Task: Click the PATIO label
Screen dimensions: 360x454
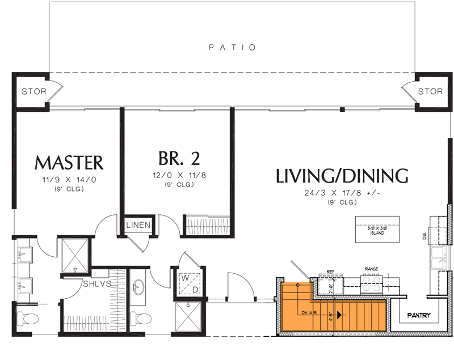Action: (233, 48)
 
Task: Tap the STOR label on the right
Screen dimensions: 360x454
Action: (430, 91)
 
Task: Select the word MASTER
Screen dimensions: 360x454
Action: (69, 163)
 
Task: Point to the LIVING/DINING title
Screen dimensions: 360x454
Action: (342, 176)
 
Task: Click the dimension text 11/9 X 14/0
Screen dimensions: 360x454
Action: (69, 180)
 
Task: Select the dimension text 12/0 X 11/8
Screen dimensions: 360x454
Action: (178, 175)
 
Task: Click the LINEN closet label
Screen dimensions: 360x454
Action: (138, 226)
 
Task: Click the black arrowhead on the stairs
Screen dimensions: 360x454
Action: (339, 315)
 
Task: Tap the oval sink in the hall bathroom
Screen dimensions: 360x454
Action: (138, 285)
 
